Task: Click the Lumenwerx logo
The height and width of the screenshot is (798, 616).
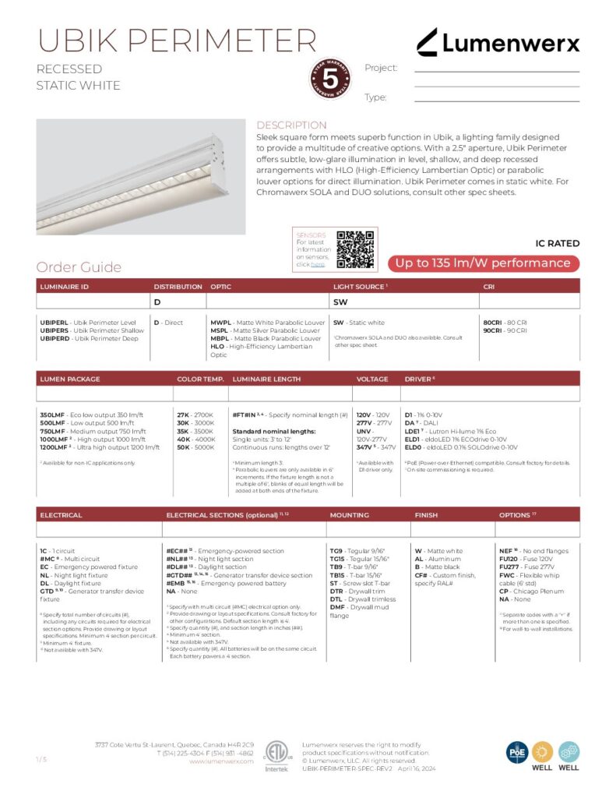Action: point(498,42)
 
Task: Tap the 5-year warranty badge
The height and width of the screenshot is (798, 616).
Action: point(330,79)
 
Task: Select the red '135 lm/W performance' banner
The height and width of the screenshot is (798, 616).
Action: point(484,263)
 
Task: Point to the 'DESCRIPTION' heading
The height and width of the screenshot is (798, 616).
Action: point(291,125)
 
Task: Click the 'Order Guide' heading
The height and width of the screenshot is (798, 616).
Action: point(79,267)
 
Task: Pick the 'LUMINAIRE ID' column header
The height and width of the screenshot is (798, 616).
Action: point(64,287)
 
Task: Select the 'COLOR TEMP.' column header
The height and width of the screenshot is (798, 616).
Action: point(200,379)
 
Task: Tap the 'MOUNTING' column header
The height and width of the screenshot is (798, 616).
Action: point(349,515)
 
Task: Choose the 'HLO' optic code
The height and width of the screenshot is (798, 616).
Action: point(217,347)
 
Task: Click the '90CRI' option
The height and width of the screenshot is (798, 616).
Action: point(493,330)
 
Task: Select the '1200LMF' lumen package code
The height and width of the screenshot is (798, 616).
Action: point(55,447)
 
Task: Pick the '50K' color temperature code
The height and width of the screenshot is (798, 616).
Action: point(183,447)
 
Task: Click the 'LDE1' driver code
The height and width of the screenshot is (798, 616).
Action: point(413,431)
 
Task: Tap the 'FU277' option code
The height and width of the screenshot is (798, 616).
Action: point(511,567)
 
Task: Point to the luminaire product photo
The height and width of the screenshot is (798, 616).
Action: point(141,177)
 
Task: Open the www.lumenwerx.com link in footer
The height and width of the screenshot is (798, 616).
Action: point(221,761)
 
